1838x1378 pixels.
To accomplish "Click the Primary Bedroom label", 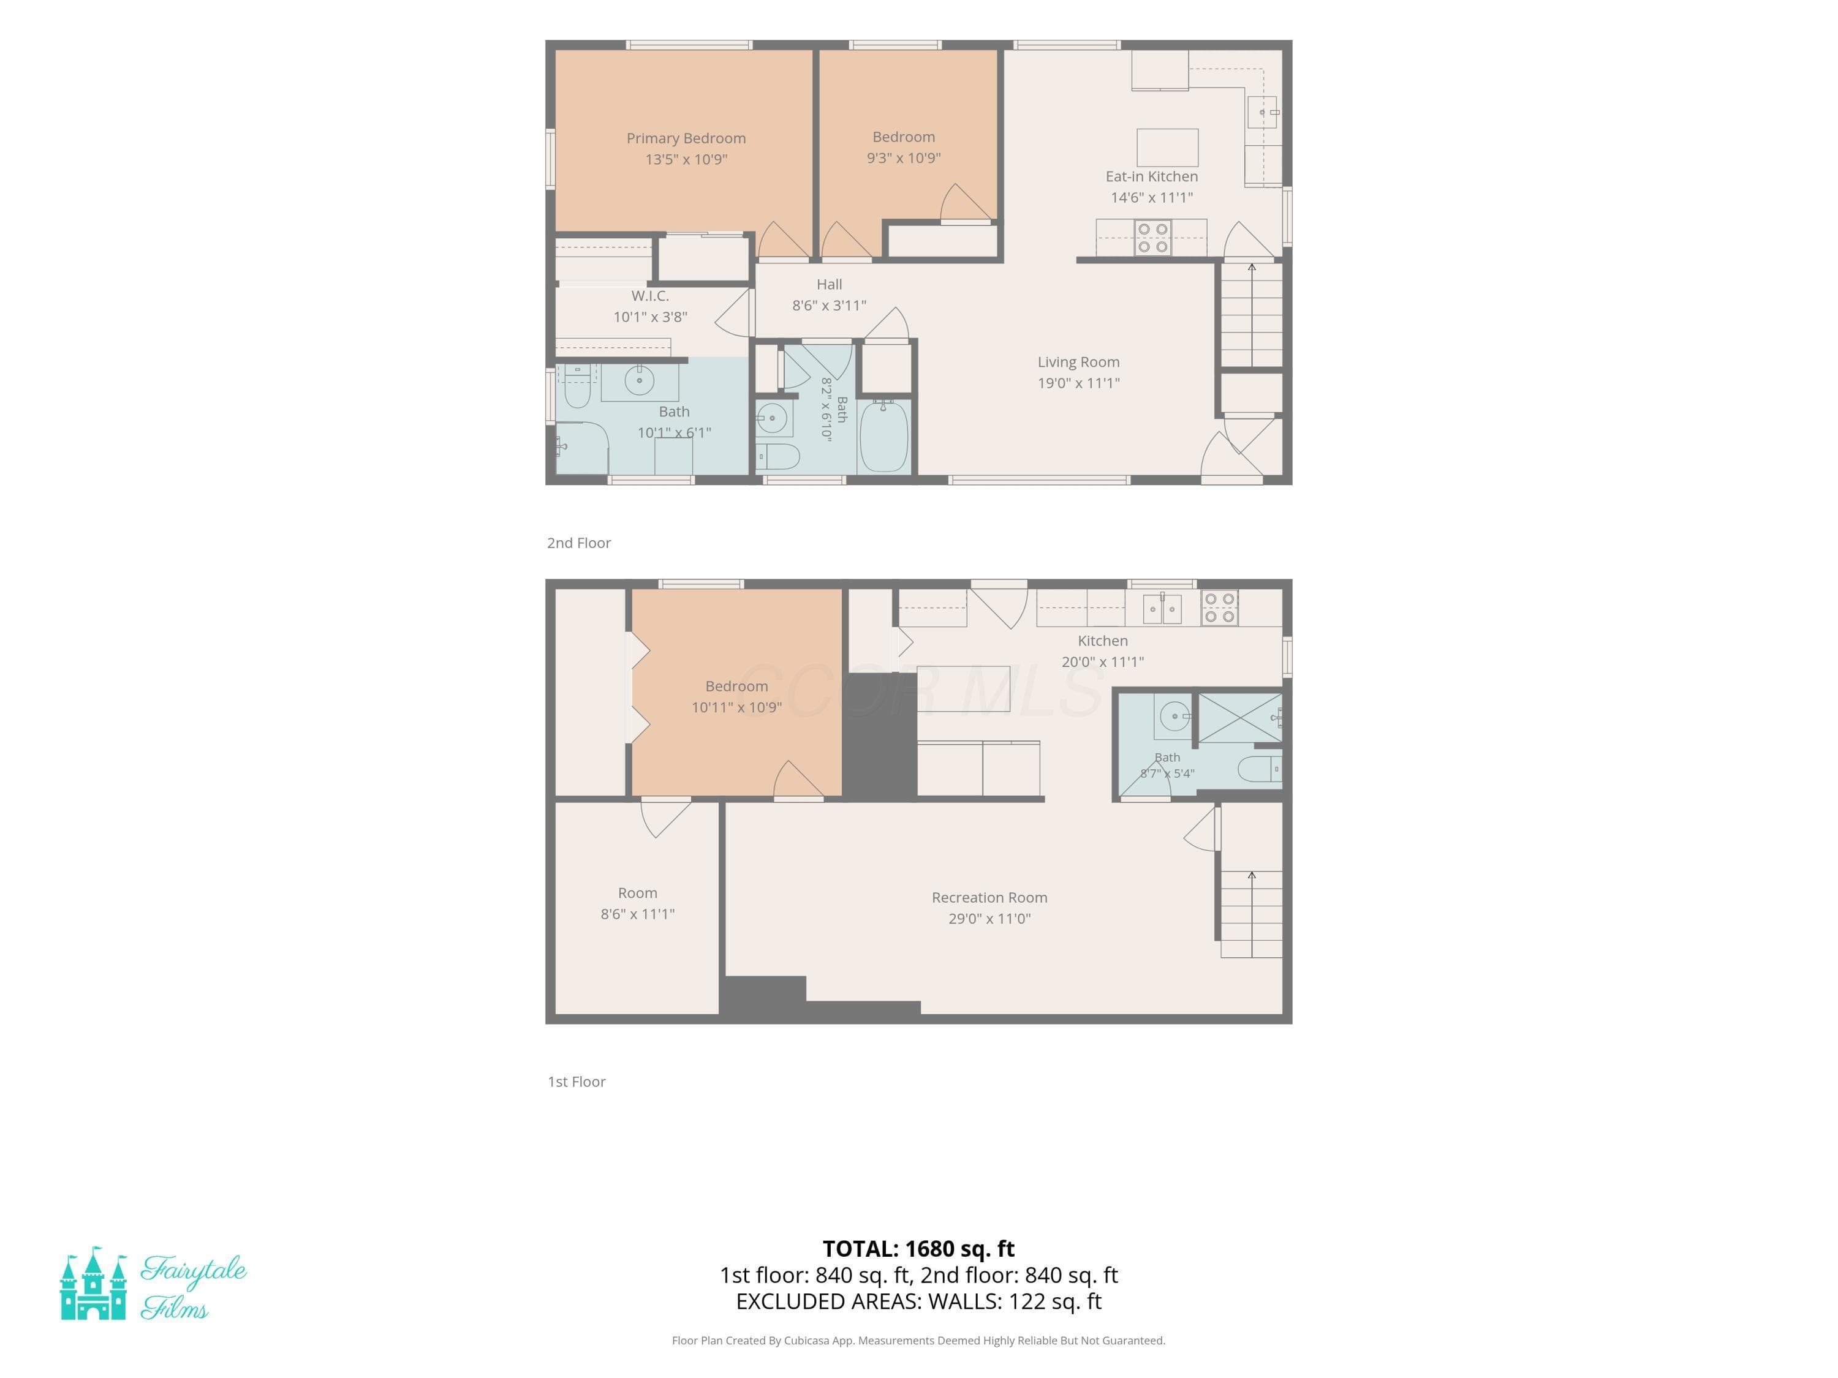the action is (x=686, y=138).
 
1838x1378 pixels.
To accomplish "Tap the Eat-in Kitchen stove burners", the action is (x=1152, y=238).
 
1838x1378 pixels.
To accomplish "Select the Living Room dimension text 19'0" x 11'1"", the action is (x=1078, y=383).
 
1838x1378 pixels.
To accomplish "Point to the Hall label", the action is (x=830, y=284).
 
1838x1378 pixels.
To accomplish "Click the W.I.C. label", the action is (x=650, y=296).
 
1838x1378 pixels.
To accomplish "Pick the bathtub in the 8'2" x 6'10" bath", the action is (x=883, y=435).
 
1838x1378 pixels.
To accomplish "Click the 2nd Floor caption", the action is (x=578, y=543).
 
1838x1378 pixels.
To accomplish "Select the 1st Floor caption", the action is (x=577, y=1082).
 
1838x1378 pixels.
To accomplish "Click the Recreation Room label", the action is (x=989, y=897).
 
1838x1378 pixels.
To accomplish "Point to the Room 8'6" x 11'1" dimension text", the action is (x=637, y=914).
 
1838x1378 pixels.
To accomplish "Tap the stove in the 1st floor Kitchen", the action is (x=1219, y=607).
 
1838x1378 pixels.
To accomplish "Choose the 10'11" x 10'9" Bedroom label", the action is (x=736, y=686).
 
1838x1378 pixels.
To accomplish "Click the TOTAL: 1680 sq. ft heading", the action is (x=918, y=1248).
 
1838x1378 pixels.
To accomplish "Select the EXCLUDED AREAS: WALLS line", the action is (x=918, y=1301).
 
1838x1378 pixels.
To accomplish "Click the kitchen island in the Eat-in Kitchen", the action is (x=1168, y=148).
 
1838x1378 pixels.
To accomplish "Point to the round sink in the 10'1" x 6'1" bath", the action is (x=639, y=382).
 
